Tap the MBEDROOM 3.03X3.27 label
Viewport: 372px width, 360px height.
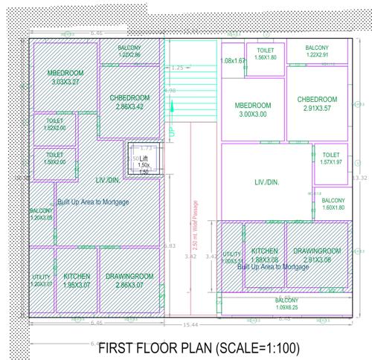pyautogui.click(x=65, y=77)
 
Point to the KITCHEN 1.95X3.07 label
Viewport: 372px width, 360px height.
pyautogui.click(x=77, y=280)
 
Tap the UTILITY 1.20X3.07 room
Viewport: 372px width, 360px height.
pyautogui.click(x=41, y=280)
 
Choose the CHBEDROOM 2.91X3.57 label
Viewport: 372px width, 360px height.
pyautogui.click(x=317, y=103)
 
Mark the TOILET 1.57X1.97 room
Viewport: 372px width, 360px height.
pyautogui.click(x=330, y=158)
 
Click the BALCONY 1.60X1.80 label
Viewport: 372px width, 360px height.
pyautogui.click(x=333, y=205)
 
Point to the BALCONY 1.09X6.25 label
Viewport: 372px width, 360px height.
pyautogui.click(x=286, y=303)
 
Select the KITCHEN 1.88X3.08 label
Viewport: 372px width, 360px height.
pyautogui.click(x=265, y=255)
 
